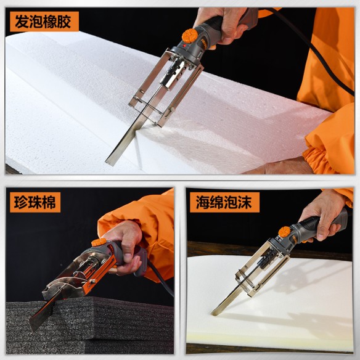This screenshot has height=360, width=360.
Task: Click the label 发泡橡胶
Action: pos(44,22)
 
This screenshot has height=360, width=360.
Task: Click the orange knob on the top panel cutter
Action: pos(190,35)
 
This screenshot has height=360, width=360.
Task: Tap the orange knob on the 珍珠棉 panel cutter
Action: pos(99,242)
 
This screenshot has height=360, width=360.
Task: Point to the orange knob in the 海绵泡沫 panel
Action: pos(284,232)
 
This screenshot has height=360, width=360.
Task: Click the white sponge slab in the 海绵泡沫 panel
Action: pos(290,308)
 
